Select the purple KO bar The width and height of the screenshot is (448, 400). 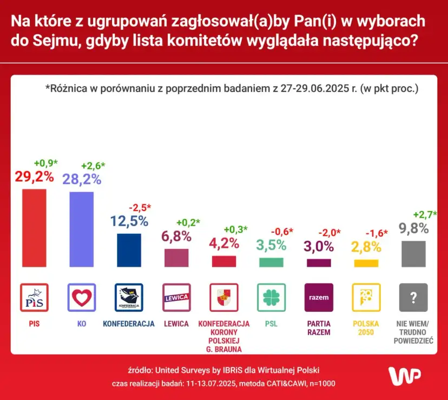[82, 229]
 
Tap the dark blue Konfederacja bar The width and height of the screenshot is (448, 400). [129, 250]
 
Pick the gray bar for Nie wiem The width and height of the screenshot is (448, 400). [414, 253]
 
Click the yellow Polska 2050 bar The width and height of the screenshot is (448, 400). [366, 263]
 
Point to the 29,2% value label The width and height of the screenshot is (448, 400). [34, 176]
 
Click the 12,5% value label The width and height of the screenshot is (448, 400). [129, 221]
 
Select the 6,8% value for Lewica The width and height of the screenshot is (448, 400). [176, 236]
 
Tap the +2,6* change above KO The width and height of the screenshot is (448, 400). [93, 166]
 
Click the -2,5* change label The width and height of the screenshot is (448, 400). [140, 207]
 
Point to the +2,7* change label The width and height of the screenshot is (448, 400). [425, 214]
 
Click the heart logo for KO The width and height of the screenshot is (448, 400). [82, 297]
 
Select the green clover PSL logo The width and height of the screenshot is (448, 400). [271, 297]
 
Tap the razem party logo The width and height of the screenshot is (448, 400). [319, 297]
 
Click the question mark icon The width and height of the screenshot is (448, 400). [413, 297]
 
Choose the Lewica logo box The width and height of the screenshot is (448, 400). [176, 297]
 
